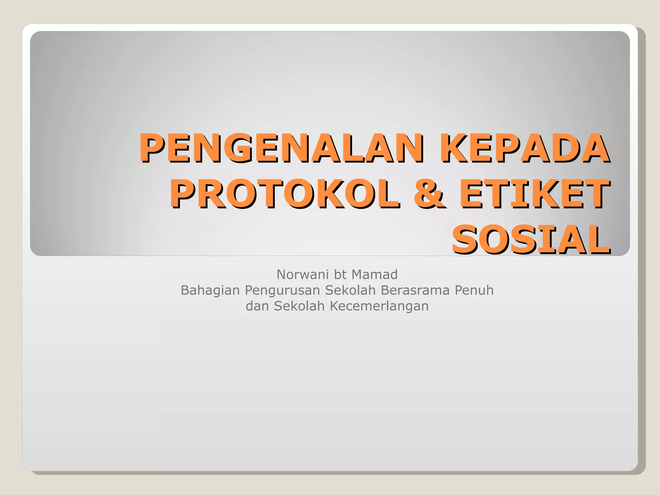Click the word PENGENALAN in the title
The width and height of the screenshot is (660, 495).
(280, 148)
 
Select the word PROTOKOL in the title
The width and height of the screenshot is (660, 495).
(285, 194)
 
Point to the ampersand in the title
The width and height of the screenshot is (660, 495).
(429, 194)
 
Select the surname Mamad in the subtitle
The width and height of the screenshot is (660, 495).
(374, 275)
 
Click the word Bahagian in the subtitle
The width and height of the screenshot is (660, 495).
(210, 290)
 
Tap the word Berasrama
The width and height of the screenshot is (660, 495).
(415, 290)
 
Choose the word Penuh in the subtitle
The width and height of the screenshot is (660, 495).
(474, 290)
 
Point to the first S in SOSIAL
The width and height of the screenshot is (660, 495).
(466, 240)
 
